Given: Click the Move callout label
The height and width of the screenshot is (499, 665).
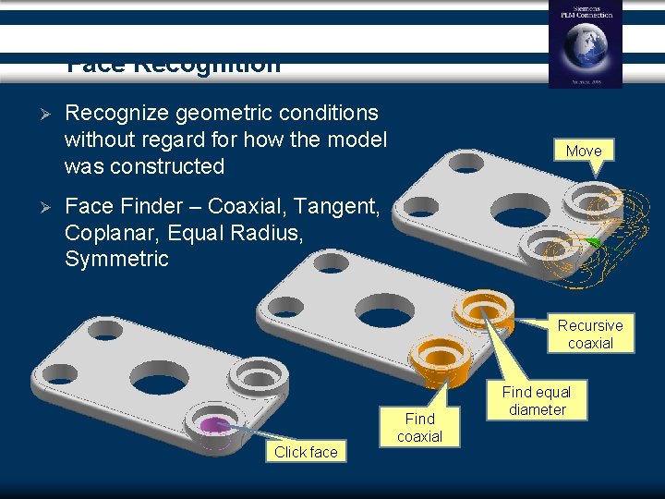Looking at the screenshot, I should tap(583, 151).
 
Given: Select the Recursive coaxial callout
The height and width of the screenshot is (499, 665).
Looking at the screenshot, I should tap(590, 334).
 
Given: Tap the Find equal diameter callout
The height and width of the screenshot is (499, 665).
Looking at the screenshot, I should tap(537, 401).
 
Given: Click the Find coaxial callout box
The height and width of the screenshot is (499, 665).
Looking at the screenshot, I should tap(419, 427).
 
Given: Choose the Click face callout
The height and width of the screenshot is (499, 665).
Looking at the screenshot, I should tap(306, 452).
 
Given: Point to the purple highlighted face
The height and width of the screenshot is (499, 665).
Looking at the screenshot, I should tap(215, 424).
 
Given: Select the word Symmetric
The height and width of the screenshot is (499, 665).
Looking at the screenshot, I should tap(116, 259).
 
